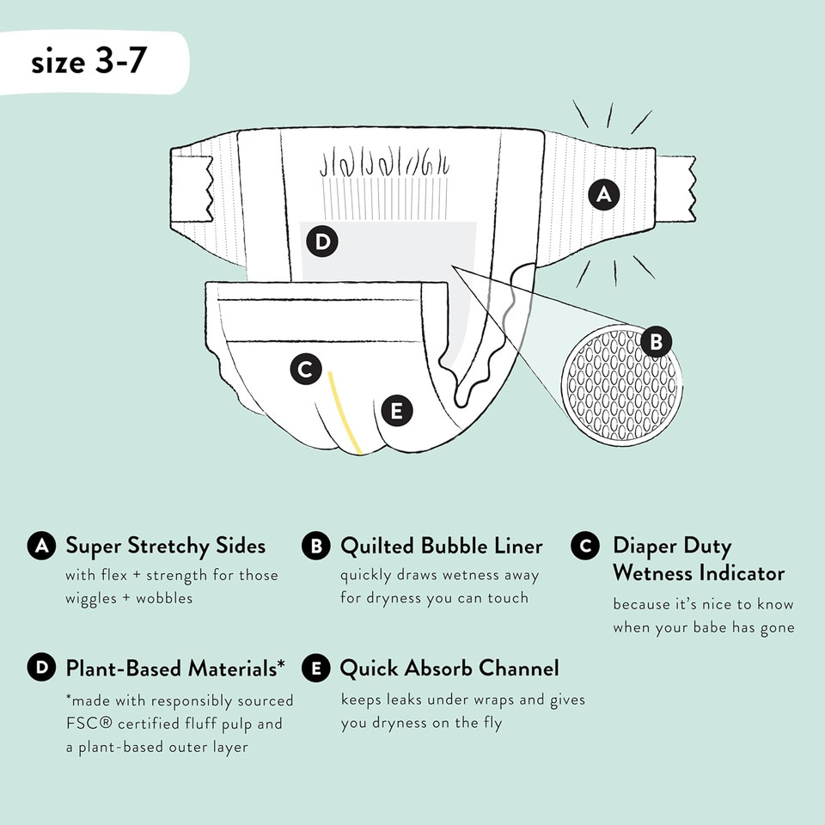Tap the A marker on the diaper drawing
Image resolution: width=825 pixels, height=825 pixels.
click(604, 195)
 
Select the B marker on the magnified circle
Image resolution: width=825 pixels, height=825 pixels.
click(657, 343)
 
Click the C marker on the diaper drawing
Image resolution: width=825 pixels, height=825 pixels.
click(304, 370)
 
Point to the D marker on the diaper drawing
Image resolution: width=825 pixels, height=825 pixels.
click(321, 241)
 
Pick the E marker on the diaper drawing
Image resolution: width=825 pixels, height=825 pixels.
click(396, 411)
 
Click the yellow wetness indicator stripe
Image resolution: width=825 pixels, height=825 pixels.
click(342, 412)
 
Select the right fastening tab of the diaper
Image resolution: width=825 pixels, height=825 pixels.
click(676, 187)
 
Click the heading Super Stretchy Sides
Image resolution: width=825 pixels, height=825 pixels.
click(166, 546)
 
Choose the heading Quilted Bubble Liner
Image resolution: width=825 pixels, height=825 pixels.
click(442, 546)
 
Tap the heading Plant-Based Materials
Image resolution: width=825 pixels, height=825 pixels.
click(175, 668)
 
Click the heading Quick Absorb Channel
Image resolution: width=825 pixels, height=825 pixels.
click(449, 668)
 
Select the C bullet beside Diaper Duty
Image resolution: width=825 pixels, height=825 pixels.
click(585, 546)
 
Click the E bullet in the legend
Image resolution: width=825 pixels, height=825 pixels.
click(315, 669)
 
